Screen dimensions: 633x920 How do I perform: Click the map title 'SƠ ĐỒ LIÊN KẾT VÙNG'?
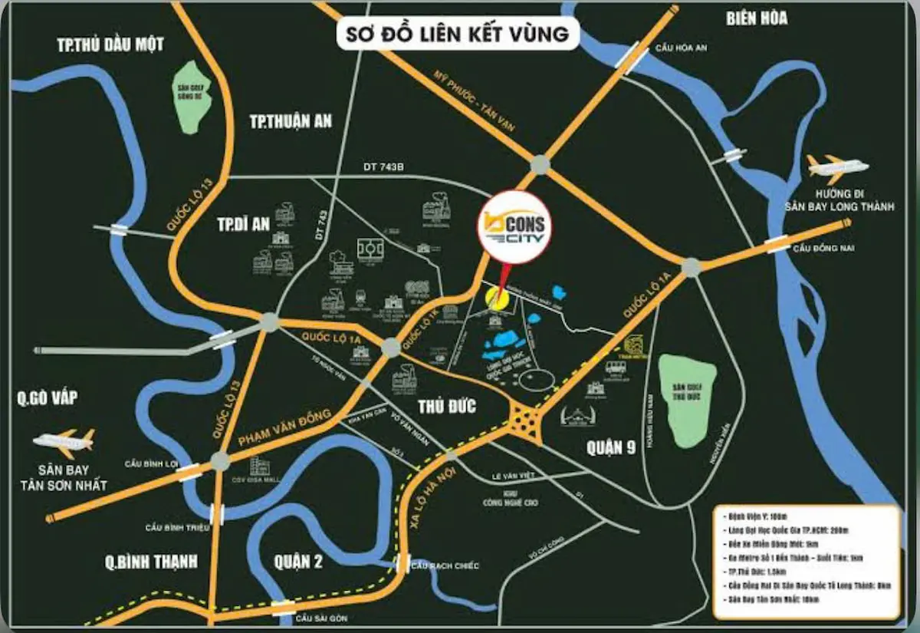458,34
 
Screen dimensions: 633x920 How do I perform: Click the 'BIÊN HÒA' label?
757,18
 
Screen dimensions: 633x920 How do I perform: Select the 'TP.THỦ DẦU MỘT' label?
110,45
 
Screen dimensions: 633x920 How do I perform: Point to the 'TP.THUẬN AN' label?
291,120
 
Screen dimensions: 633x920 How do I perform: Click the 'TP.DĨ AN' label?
244,224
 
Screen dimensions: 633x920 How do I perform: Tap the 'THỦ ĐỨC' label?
447,406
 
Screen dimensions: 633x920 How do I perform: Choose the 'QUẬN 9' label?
611,448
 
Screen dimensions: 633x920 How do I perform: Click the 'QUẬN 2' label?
298,562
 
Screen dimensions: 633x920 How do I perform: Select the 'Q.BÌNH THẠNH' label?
151,562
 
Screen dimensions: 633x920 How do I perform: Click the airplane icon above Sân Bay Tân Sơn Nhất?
64,440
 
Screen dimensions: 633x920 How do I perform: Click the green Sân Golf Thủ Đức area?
687,398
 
